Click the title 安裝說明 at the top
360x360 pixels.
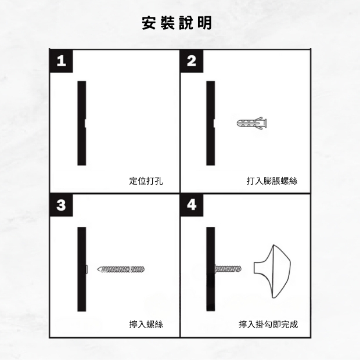pos(177,23)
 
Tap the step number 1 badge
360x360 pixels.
pos(61,61)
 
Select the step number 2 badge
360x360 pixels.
pos(192,61)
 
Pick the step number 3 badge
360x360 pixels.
pos(61,205)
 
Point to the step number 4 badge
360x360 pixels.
pos(192,205)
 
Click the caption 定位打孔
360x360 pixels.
pos(146,181)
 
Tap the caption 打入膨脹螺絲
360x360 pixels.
pos(272,181)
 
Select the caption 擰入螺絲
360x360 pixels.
pos(146,325)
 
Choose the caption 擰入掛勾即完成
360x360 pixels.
pos(268,325)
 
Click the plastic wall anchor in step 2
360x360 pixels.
pos(251,123)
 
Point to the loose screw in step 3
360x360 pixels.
pos(121,269)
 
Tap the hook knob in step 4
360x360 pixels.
pos(272,271)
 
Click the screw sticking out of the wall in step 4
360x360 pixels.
pos(228,269)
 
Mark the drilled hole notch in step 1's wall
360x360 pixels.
pos(85,123)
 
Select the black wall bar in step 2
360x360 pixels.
pos(211,123)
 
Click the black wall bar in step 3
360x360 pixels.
pos(82,269)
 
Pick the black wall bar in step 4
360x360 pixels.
pos(211,269)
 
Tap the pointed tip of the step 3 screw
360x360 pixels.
pos(98,269)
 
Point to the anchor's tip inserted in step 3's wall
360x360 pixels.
pos(87,269)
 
